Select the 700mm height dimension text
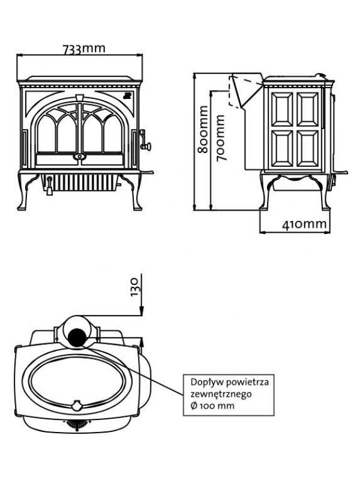tap(220, 137)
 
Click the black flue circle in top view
tap(77, 337)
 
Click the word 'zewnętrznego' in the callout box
tap(218, 394)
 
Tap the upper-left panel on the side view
tap(281, 109)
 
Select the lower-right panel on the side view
tap(308, 148)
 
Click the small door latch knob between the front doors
tap(77, 157)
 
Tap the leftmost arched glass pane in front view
tap(46, 134)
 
